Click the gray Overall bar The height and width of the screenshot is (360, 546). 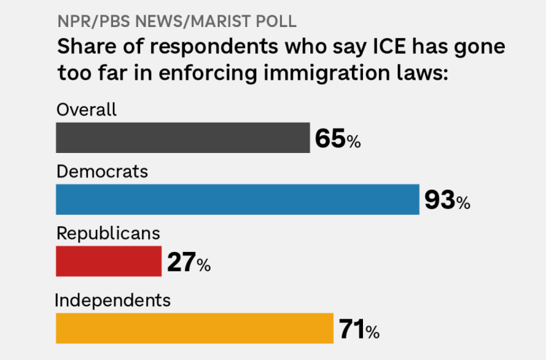pos(183,138)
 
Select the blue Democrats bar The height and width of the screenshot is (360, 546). pos(238,199)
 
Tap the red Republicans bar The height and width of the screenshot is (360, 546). pos(109,261)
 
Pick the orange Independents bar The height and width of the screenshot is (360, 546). pos(195,328)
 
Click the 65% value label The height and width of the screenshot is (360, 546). pos(338,139)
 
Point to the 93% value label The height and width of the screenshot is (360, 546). pos(447,201)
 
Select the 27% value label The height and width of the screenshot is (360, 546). pos(188,262)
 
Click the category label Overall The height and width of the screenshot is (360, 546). pos(87,110)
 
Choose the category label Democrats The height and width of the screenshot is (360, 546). pos(102,172)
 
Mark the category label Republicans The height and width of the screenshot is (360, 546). pos(108,233)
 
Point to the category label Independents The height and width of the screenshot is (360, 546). pos(112,300)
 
